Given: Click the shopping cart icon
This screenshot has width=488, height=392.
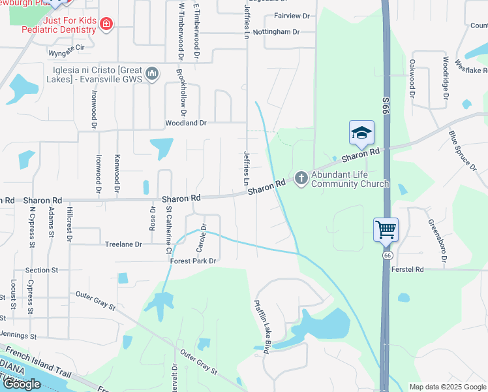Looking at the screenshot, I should (386, 229).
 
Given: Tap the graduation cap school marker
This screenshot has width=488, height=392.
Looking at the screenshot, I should (361, 133).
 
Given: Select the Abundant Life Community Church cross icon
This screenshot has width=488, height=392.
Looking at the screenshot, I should (301, 177).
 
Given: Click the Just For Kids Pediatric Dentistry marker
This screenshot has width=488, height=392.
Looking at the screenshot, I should (106, 24).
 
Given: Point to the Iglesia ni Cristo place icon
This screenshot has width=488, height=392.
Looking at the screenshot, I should (152, 73).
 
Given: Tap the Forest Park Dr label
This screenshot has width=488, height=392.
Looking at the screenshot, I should (193, 261).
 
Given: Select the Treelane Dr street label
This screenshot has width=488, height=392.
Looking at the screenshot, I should (123, 244).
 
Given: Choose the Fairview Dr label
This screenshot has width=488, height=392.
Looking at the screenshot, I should (292, 15).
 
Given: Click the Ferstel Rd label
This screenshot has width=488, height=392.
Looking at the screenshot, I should (408, 269).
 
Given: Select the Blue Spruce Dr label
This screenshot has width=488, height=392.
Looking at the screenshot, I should (462, 151).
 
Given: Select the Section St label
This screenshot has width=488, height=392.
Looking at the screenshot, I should (42, 270).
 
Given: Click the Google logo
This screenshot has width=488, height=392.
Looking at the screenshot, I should (22, 384).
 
